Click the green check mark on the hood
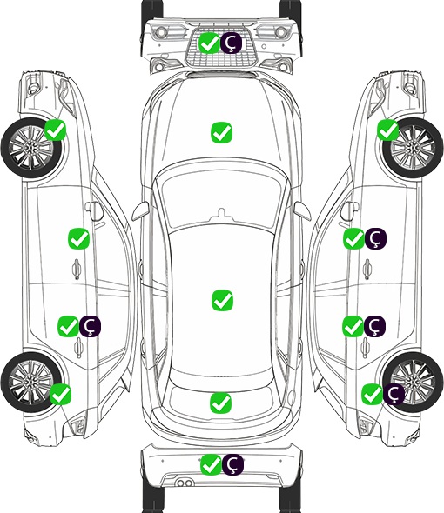coord(221,132)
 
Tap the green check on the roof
coord(222,300)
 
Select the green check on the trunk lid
coord(220,403)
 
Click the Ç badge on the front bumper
coord(231,43)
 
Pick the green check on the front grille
coord(209,43)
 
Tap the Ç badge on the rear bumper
coord(233,464)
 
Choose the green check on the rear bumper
coord(211,464)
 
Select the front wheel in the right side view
coord(413,148)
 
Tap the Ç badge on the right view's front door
coord(376,238)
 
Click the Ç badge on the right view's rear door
coord(375,326)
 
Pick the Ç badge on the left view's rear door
coord(91,327)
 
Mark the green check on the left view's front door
coord(78,238)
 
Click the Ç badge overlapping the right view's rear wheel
coord(394,394)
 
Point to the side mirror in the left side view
coord(94,210)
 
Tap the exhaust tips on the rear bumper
coord(185,483)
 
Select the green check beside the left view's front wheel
coord(56,130)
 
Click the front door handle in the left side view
coord(77,269)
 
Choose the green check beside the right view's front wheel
coord(388,130)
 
